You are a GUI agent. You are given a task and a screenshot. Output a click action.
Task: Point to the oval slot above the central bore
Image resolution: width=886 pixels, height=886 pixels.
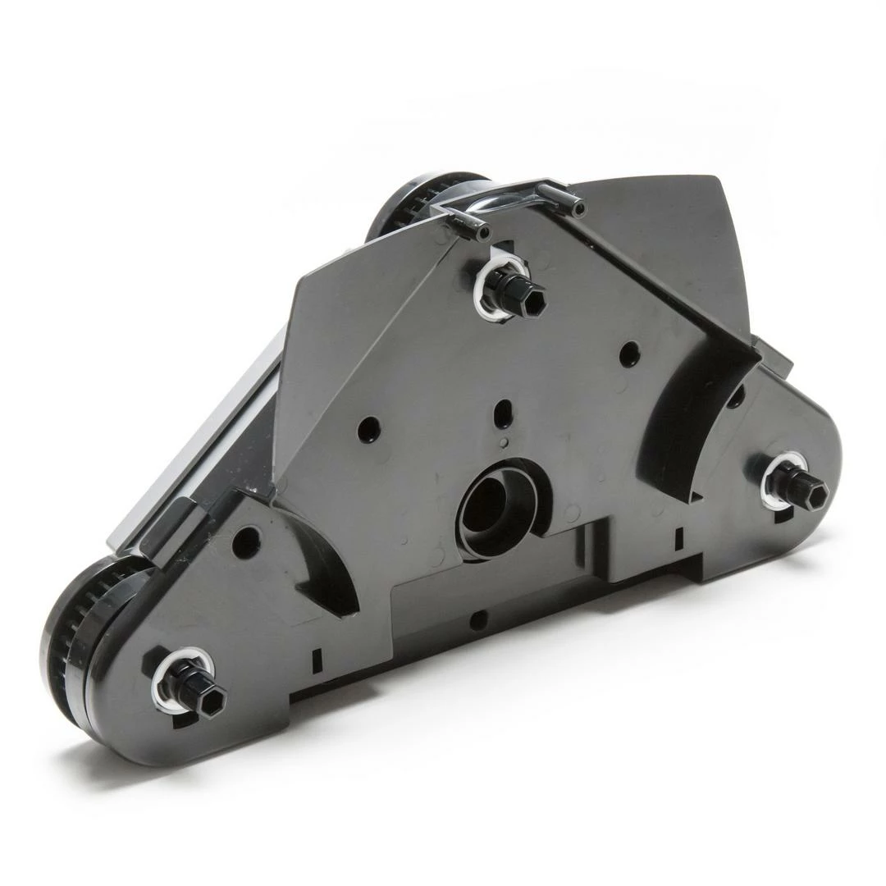pyautogui.click(x=505, y=408)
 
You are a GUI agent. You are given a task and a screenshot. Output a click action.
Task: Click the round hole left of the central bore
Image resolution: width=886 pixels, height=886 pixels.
pyautogui.click(x=368, y=429)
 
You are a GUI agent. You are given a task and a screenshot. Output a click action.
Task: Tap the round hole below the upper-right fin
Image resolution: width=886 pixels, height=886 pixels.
pyautogui.click(x=629, y=354)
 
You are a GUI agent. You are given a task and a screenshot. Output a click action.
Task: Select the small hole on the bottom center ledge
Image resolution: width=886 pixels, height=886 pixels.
pyautogui.click(x=477, y=621)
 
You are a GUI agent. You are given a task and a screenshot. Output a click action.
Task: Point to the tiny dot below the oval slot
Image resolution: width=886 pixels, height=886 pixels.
pyautogui.click(x=503, y=442)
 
